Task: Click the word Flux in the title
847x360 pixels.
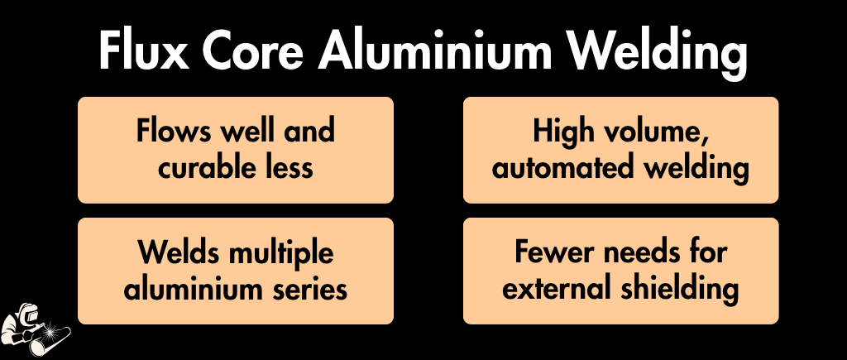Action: click(x=144, y=50)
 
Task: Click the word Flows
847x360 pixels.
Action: click(x=174, y=131)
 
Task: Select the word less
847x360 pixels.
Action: click(x=289, y=166)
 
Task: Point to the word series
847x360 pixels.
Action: click(x=315, y=287)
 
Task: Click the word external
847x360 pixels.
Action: click(x=557, y=287)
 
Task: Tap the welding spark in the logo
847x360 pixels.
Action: click(x=52, y=329)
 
